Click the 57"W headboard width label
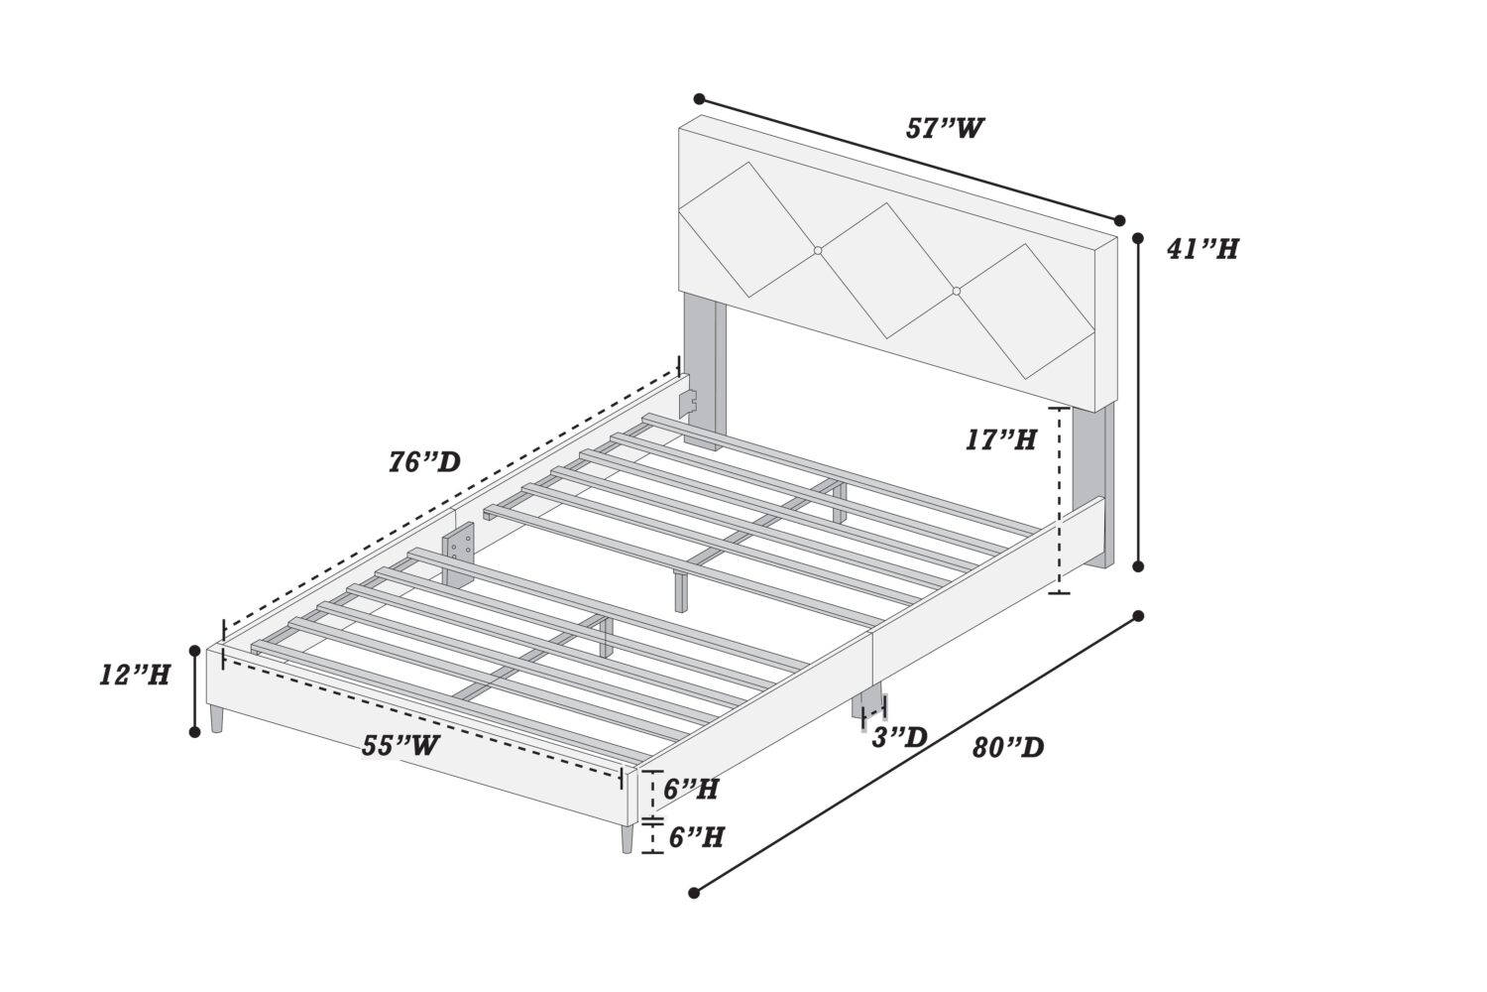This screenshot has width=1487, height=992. (x=945, y=128)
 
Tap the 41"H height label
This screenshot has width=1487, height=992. (x=1202, y=249)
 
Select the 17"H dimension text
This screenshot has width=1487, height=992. (x=1000, y=439)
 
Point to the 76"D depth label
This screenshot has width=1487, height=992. (x=425, y=462)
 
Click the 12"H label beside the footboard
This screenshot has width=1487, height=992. (x=135, y=676)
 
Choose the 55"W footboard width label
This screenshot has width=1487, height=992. (x=400, y=746)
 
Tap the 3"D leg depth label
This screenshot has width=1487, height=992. (x=899, y=737)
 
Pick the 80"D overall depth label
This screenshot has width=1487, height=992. (x=1008, y=748)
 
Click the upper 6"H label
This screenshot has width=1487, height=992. (x=690, y=790)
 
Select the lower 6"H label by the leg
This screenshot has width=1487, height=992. (x=696, y=837)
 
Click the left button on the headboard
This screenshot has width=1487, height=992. (x=818, y=251)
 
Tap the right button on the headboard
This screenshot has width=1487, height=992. (x=957, y=291)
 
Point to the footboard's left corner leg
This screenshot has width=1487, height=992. (x=216, y=719)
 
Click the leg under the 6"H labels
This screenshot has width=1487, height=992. (x=628, y=838)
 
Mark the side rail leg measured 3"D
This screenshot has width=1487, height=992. (x=868, y=703)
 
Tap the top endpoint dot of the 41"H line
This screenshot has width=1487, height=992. (x=1138, y=238)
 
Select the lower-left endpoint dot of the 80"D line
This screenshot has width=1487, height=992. (x=694, y=893)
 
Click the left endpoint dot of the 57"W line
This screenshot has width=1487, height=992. (x=699, y=99)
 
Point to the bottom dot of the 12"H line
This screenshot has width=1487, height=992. (x=194, y=731)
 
